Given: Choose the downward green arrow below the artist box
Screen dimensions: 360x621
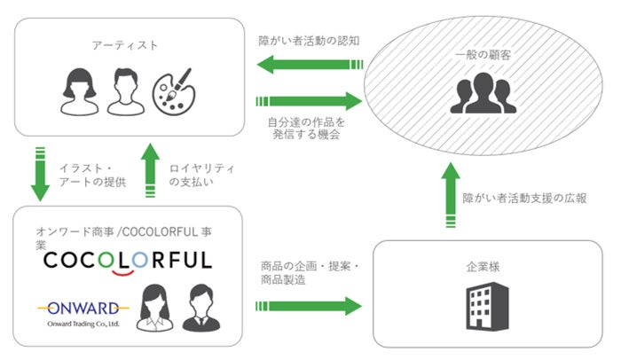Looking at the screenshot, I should (40, 173).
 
